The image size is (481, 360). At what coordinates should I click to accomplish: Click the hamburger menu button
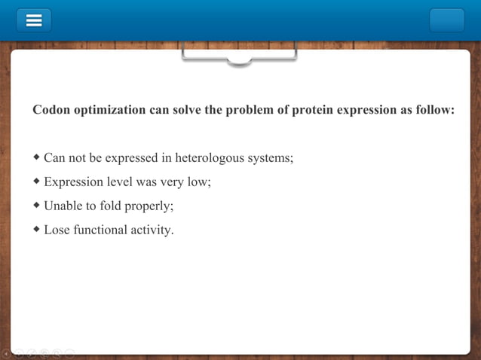point(34,20)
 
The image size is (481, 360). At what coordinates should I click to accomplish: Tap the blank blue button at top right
point(446,20)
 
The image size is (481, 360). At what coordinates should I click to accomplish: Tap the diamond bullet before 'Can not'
point(37,158)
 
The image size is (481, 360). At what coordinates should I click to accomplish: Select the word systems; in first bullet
point(271,158)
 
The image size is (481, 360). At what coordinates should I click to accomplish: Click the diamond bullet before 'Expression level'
point(37,182)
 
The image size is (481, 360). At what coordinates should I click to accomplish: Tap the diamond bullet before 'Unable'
point(37,206)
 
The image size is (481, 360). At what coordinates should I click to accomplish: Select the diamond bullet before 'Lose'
point(37,229)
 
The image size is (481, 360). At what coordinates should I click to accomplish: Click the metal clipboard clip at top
point(239,56)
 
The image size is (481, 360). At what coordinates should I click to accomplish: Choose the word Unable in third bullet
point(63,206)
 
